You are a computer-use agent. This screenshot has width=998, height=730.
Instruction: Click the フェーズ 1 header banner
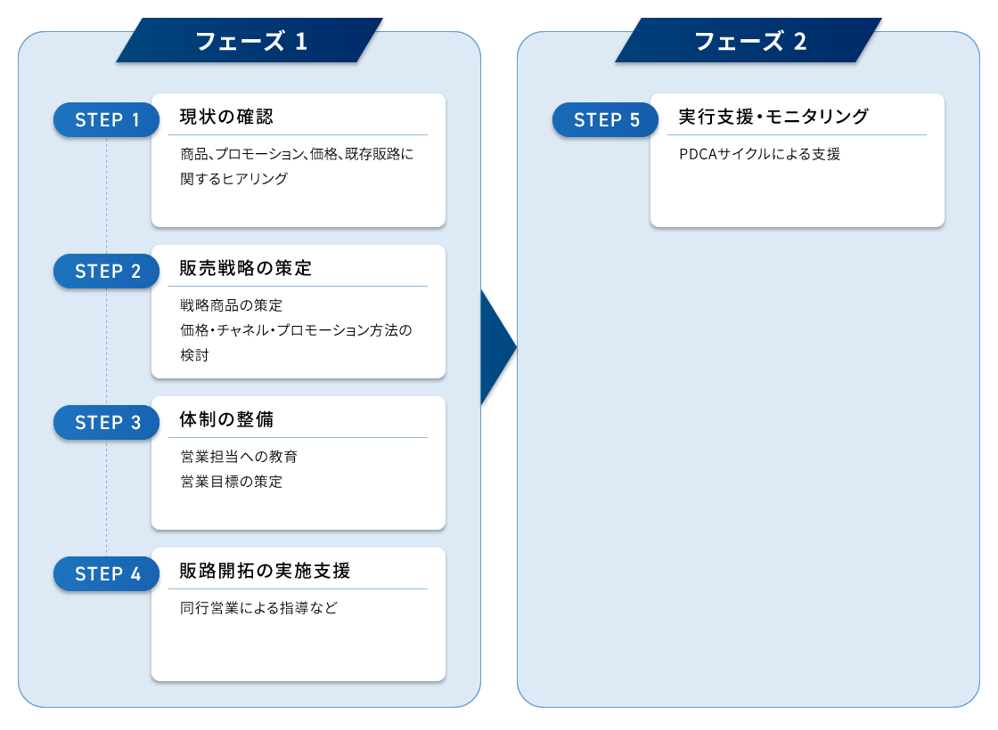coord(250,40)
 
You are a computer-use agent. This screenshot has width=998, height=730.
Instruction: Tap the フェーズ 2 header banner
coord(748,40)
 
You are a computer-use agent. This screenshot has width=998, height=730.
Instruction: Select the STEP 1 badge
coord(106,119)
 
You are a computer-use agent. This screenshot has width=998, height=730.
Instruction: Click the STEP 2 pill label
coord(106,271)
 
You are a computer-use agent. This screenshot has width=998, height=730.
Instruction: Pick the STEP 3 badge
coord(106,422)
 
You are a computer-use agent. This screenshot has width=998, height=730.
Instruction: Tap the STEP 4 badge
coord(106,573)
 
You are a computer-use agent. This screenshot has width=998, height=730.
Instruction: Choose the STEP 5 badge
coord(605,119)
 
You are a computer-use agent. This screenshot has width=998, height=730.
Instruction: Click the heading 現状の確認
coord(226,117)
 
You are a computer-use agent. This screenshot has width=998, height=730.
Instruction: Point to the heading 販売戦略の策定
coord(246,268)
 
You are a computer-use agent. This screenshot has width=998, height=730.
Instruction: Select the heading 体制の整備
coord(226,419)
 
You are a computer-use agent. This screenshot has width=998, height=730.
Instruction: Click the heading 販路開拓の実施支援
coord(265,571)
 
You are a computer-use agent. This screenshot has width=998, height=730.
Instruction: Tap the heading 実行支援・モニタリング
coord(773,117)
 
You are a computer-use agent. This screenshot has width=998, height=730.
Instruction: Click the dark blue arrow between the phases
coord(498,347)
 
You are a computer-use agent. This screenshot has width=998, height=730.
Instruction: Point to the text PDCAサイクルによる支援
coord(760,154)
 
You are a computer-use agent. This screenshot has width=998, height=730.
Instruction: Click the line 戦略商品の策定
coord(231,305)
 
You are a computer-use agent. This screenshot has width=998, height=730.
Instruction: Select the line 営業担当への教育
coord(239,457)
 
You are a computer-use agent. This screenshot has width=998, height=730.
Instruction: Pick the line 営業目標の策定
coord(231,482)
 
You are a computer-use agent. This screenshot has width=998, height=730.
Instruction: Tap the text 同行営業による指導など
coord(258,608)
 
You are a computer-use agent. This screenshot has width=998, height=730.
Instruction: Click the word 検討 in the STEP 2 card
coord(194,355)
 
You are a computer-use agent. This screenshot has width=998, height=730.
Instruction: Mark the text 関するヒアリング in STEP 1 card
coord(233,179)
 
